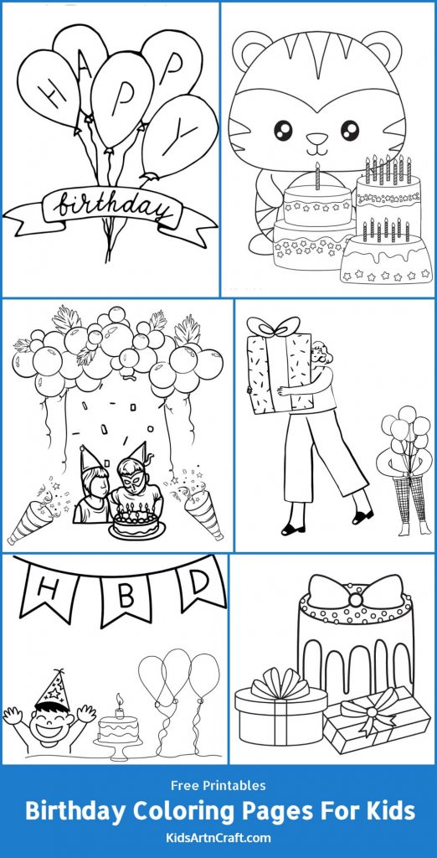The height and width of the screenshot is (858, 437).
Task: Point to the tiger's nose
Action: point(316,139)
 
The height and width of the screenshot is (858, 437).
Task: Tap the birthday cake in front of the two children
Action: point(139,525)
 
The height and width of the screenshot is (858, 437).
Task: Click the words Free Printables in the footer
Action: point(218,785)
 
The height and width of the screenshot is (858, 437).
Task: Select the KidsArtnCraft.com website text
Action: point(218,838)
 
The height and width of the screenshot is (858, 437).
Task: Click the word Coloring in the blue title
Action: point(209,811)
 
